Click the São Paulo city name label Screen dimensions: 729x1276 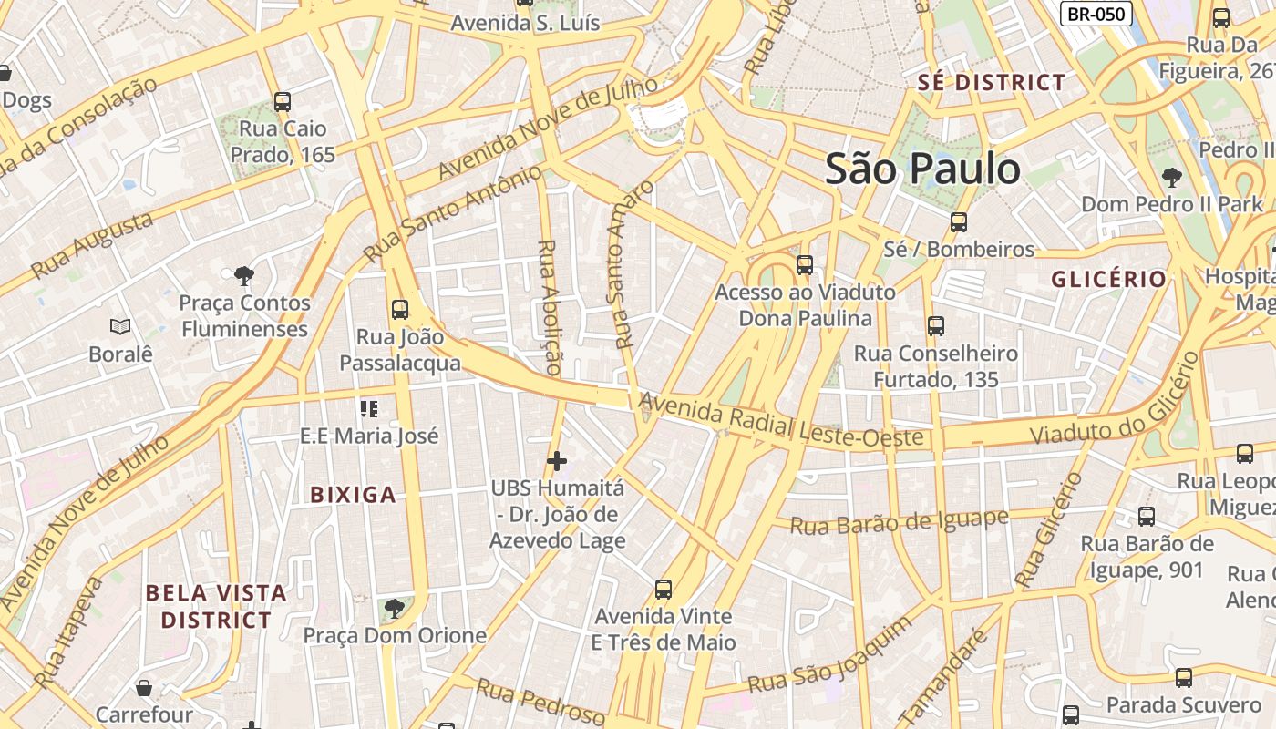pos(922,169)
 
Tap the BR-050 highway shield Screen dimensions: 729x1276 pos(1096,14)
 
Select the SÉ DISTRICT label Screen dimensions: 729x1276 pos(991,82)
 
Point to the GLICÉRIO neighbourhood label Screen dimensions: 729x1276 pos(1108,279)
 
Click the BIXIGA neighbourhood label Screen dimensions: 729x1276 pos(353,495)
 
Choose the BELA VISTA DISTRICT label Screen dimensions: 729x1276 pos(216,607)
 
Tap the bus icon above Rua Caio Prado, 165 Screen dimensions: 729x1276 pos(283,101)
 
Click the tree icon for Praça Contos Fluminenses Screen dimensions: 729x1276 pos(243,274)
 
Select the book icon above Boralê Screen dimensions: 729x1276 pos(120,326)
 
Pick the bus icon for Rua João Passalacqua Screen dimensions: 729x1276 pos(400,309)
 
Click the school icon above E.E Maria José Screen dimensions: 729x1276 pos(369,408)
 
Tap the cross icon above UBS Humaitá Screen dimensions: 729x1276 pos(557,461)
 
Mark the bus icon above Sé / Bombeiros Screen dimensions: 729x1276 pos(958,221)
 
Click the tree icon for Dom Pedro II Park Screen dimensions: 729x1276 pos(1172,177)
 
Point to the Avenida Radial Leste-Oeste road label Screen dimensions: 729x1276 pos(781,421)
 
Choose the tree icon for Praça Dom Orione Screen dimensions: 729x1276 pos(394,608)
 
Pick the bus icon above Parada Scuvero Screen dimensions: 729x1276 pos(1183,677)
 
